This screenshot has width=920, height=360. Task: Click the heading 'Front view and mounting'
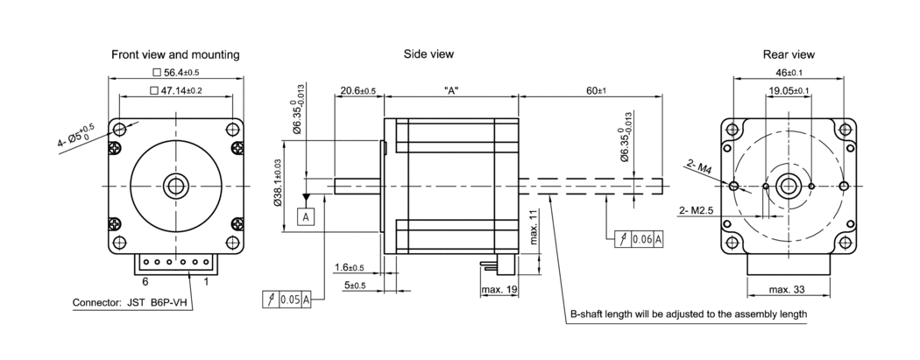point(175,54)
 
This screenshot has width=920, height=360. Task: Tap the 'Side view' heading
point(428,54)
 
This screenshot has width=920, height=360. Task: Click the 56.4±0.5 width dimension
point(175,72)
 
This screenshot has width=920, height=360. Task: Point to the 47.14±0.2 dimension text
point(175,90)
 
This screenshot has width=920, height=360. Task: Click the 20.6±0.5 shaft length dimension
point(357,90)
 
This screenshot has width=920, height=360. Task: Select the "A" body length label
point(451,90)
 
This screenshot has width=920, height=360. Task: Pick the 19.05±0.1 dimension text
point(789,90)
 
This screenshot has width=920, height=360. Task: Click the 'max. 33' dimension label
point(787,289)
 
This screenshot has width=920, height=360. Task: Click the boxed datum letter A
point(306,215)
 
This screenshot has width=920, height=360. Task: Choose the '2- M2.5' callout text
point(697,210)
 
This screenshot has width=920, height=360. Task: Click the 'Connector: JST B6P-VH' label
point(130,304)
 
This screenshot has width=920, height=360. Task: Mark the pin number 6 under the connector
point(145,282)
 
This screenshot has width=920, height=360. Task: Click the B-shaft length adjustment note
point(688,314)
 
